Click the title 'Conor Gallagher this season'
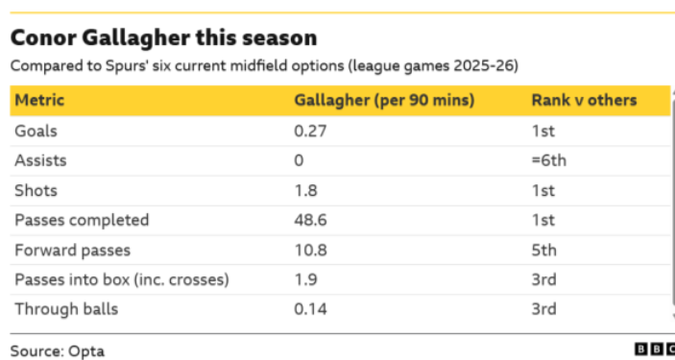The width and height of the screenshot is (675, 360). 163,38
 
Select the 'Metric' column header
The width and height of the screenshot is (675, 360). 40,101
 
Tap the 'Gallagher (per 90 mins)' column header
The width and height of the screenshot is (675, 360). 383,101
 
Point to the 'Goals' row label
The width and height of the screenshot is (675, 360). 36,131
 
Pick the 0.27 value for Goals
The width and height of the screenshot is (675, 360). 310,131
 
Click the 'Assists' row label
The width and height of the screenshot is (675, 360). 40,160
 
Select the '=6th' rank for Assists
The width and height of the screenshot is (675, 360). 548,160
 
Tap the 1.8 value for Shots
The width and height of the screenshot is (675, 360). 304,190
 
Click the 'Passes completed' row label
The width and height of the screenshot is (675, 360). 82,220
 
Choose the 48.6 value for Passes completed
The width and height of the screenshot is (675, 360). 309,220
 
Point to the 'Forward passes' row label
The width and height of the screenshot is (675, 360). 72,250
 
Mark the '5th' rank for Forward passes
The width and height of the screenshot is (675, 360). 543,250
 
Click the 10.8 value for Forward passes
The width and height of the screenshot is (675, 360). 309,250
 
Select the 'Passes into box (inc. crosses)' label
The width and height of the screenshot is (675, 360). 121,279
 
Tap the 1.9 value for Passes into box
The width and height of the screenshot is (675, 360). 304,279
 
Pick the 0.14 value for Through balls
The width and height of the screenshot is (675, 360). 310,309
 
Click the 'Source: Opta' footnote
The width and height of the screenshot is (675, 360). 58,350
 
